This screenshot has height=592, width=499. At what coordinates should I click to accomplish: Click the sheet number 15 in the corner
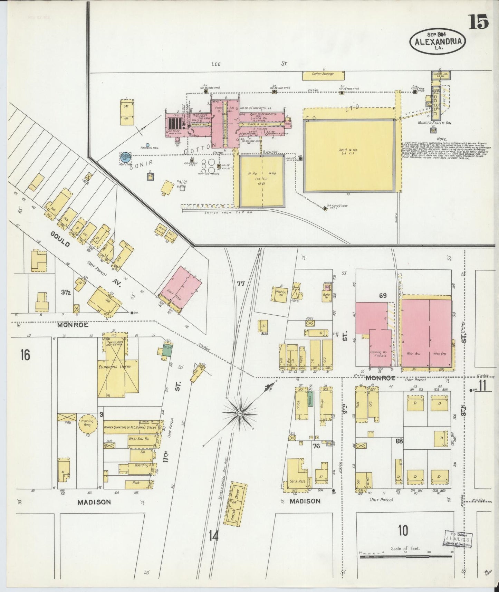[x=478, y=22]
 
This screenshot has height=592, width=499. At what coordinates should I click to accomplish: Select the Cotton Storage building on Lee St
[x=323, y=75]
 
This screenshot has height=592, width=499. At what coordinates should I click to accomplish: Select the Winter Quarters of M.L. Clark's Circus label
[x=130, y=427]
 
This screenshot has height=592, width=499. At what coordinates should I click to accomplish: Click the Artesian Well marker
[x=147, y=145]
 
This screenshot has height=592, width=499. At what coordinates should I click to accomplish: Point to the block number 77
[x=241, y=284]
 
